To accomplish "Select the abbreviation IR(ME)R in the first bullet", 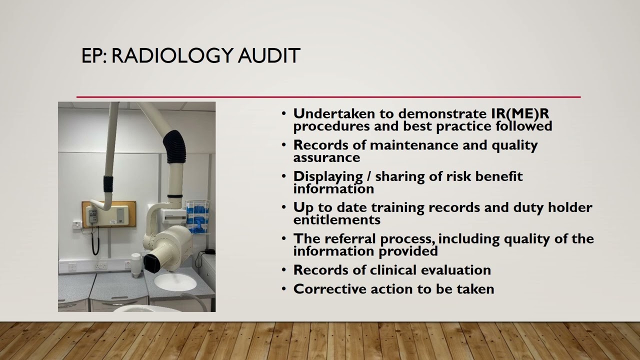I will [x=520, y=113].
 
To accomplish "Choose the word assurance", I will [x=326, y=157].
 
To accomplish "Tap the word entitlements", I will [x=336, y=220].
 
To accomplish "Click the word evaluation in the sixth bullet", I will [x=456, y=270].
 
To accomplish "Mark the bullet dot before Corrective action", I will [x=284, y=288].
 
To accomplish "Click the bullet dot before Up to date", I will [x=284, y=207].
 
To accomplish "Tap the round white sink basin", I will [x=175, y=282].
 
